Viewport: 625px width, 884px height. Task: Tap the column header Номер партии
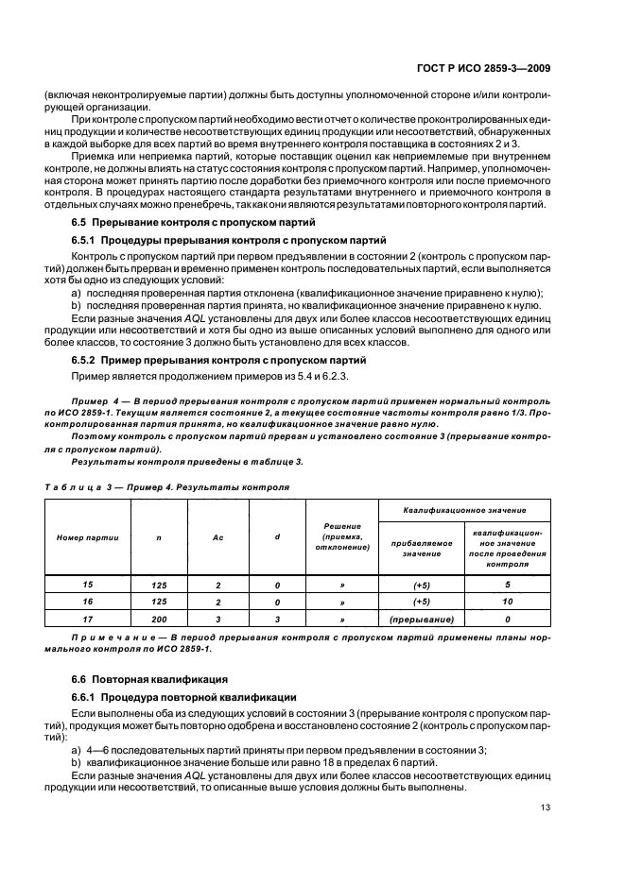[x=88, y=536]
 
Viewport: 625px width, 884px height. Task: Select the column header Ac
[x=217, y=536]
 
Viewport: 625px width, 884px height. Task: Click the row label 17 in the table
[x=88, y=619]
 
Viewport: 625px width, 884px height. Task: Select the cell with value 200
[x=159, y=620]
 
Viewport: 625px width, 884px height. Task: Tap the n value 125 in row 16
[x=159, y=602]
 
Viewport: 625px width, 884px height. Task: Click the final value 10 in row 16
[x=508, y=601]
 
